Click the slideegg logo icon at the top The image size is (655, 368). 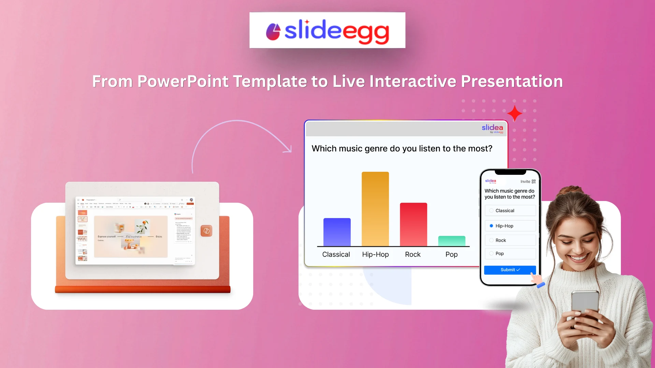[273, 32]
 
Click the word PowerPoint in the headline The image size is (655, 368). [183, 81]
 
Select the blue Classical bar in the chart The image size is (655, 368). [337, 232]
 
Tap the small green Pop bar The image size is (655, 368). [451, 241]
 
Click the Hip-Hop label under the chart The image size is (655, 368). [375, 255]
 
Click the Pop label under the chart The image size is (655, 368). [451, 255]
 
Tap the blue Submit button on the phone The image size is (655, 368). [510, 270]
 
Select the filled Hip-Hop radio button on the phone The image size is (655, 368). [491, 226]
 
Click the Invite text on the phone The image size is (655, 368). [525, 182]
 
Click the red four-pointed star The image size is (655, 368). [514, 113]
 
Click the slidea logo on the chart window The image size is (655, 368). [492, 128]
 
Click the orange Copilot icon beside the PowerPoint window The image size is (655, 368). [206, 231]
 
